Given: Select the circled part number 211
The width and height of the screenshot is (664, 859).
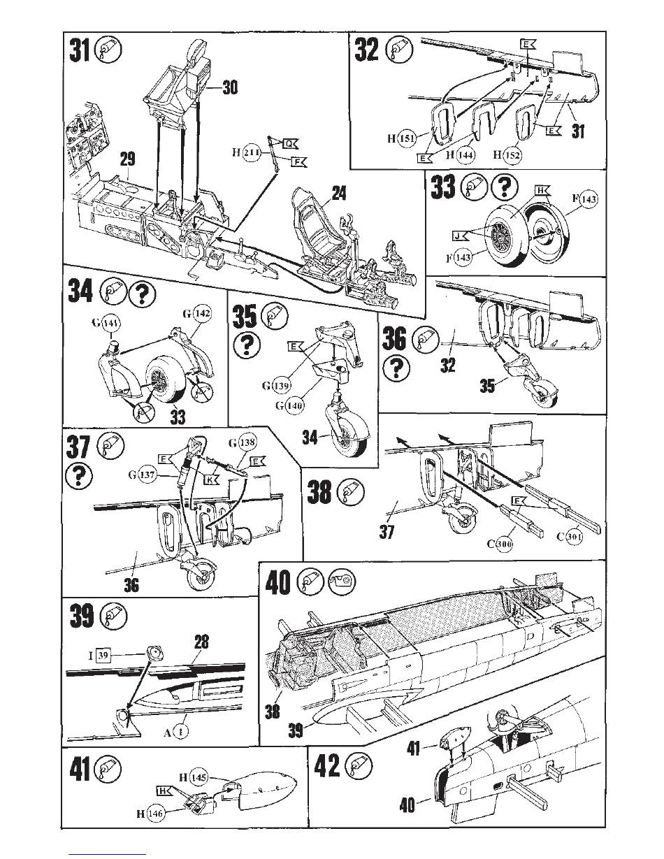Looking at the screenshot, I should [x=251, y=153].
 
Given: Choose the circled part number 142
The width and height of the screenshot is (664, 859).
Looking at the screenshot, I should [x=202, y=315].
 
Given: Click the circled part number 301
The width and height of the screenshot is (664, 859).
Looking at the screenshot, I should [x=574, y=537].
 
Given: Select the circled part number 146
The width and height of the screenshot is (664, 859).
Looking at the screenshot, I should [x=156, y=814].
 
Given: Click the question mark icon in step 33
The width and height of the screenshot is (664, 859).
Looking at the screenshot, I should [x=505, y=187].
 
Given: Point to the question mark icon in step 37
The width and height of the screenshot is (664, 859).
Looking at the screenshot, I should [x=78, y=476].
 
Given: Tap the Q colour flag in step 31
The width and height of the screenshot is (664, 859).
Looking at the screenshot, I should [x=290, y=143].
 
